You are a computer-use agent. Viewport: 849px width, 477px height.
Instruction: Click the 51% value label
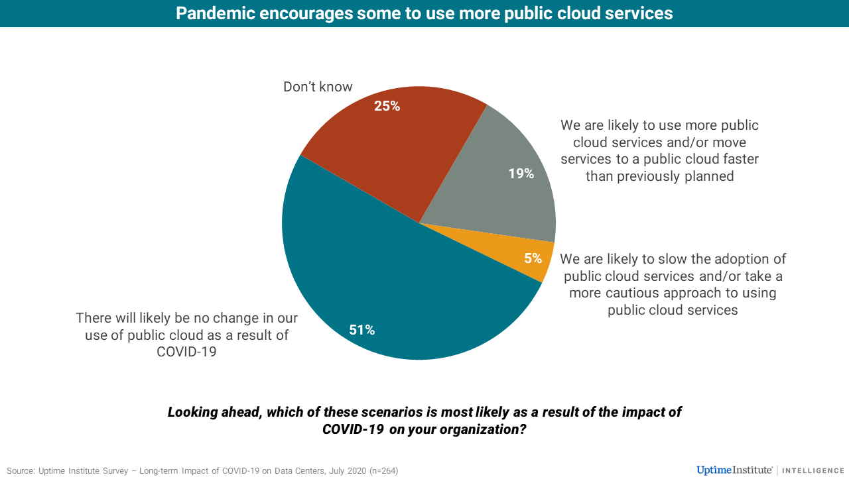362,329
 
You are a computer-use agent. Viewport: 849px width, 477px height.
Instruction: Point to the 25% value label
387,105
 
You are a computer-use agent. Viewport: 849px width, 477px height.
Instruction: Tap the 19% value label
521,174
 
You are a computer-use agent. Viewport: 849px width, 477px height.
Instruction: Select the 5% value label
533,258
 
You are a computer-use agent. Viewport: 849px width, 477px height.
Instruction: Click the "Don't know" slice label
318,87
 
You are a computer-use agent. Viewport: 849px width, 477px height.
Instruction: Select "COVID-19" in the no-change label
186,352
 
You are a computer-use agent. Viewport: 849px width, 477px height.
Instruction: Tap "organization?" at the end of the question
484,429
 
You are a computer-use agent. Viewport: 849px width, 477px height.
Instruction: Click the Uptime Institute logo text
734,470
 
